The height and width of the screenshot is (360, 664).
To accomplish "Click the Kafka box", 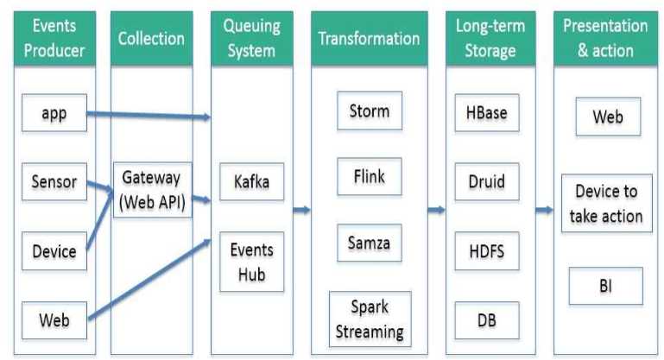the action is click(251, 181).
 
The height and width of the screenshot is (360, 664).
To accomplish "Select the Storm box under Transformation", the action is click(370, 111).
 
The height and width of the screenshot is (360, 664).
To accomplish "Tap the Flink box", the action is click(370, 177).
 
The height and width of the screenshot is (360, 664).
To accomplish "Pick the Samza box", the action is click(370, 243).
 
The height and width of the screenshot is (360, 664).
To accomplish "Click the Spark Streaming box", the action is click(370, 319).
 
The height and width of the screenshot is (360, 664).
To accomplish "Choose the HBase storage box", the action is click(487, 112).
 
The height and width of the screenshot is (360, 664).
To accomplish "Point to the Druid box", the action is click(487, 181).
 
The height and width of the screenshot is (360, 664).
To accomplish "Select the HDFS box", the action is click(487, 251).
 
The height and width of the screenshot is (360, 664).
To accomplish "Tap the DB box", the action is click(487, 320).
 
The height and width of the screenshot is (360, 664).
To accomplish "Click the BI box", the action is click(606, 286).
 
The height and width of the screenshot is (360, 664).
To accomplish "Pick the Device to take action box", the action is click(606, 203).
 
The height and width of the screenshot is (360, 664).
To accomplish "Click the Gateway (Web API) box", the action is click(153, 190).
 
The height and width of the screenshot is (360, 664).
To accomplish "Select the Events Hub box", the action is click(251, 262).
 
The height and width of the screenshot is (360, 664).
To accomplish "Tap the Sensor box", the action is click(54, 181).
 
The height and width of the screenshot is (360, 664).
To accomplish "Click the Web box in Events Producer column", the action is click(54, 320).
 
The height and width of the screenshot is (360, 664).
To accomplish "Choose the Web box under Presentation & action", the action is click(608, 117).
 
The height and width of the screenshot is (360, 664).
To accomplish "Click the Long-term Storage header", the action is click(490, 38).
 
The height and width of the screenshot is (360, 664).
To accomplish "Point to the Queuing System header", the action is click(252, 38).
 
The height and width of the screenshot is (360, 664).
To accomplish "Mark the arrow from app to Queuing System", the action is click(149, 115).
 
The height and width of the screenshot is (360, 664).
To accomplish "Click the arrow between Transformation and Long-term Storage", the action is click(437, 210).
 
